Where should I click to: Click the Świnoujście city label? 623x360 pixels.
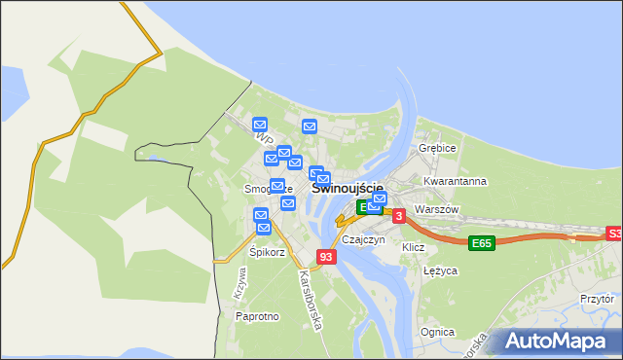click(x=348, y=189)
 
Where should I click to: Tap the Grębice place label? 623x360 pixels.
click(x=437, y=148)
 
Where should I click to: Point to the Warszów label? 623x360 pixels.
click(x=435, y=209)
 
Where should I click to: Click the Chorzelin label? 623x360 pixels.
click(x=362, y=239)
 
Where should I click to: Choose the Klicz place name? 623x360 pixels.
click(x=414, y=247)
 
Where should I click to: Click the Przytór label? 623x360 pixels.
click(x=597, y=300)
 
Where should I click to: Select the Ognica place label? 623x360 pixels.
click(x=437, y=332)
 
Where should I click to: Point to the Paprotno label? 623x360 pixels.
click(x=258, y=316)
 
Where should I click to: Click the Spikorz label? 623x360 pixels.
click(x=267, y=252)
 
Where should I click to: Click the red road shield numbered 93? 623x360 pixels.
click(x=326, y=257)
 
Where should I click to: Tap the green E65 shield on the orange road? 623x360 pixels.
click(x=480, y=243)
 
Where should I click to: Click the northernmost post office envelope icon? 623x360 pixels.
click(x=260, y=125)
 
